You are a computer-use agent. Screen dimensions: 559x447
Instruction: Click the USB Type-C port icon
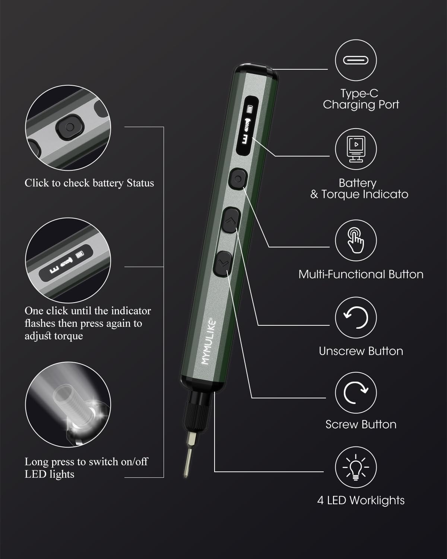point(355,60)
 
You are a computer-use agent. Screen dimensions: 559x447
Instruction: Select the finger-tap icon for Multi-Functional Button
point(356,241)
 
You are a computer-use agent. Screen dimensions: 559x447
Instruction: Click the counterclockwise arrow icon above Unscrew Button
point(356,318)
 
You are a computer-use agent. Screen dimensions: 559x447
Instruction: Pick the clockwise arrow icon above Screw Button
point(356,393)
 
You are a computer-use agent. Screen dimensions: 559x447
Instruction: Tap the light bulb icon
point(356,467)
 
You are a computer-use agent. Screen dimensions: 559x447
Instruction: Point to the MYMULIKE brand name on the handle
point(209,341)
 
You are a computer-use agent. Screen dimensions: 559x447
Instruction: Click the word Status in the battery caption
point(140,183)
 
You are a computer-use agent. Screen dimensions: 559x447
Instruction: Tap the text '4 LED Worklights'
point(361,500)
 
